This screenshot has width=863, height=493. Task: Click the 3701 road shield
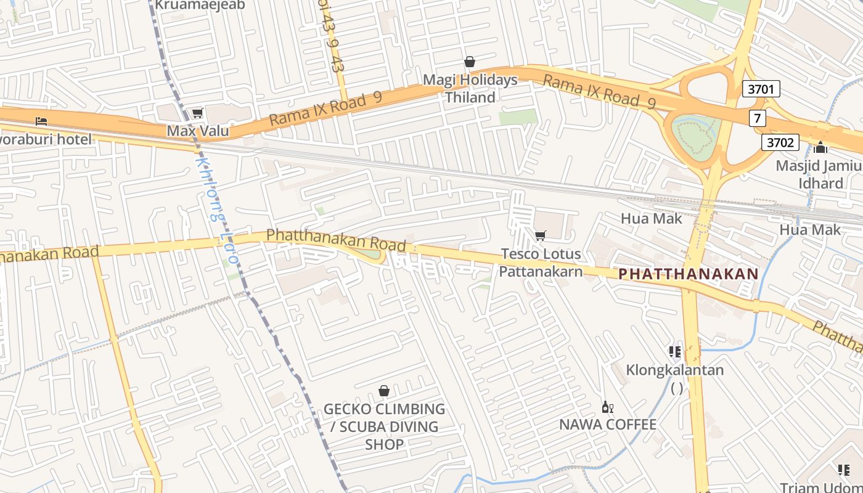(x=761, y=89)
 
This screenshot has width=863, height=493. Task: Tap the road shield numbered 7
(x=758, y=118)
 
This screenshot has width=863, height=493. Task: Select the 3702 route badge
(x=780, y=143)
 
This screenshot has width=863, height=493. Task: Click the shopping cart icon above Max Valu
(x=197, y=113)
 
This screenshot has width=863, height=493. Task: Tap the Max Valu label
(x=198, y=131)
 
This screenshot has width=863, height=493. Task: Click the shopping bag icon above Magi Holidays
(x=470, y=62)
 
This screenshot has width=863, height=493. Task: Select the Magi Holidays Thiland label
(x=470, y=89)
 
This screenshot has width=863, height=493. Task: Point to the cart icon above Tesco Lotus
(x=541, y=235)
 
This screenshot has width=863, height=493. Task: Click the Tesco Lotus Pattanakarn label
(x=541, y=263)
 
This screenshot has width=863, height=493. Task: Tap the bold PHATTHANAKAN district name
(x=689, y=274)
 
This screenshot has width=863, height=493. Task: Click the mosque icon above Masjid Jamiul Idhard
(x=820, y=147)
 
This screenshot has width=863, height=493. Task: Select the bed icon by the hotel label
(x=41, y=121)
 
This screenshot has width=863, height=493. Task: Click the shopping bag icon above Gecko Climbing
(x=384, y=391)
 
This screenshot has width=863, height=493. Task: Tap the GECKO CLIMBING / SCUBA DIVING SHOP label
(x=384, y=426)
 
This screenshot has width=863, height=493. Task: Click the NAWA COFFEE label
(x=608, y=425)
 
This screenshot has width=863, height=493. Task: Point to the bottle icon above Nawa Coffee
(x=607, y=407)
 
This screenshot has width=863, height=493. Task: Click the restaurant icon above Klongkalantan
(x=675, y=352)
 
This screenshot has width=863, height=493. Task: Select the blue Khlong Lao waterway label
(x=216, y=210)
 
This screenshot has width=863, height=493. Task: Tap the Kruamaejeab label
(x=200, y=5)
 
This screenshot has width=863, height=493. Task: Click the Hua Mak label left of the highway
(x=652, y=218)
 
